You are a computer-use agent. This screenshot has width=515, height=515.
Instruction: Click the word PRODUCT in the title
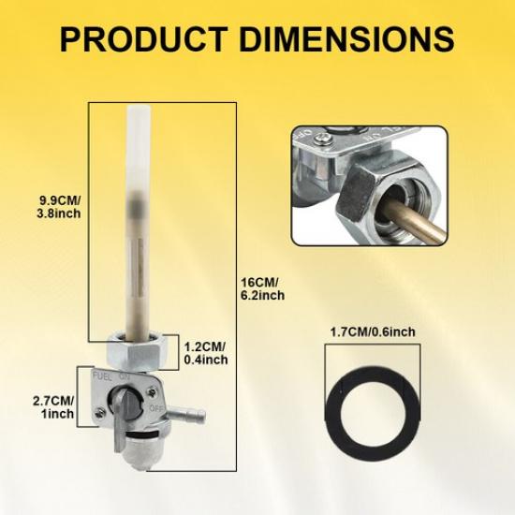point(144,39)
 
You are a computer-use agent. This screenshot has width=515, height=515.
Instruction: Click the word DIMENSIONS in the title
point(347,39)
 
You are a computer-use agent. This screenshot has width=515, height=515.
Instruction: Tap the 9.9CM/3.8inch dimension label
point(59,207)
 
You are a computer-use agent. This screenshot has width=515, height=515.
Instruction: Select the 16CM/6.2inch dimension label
point(263,288)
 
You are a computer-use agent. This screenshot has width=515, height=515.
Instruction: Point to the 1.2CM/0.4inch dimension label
point(206,353)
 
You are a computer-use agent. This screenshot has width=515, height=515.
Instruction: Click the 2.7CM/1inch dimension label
point(53,407)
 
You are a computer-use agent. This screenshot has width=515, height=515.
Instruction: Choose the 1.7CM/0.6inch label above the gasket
point(373,331)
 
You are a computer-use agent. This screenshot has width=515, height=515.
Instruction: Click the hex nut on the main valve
point(138,351)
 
